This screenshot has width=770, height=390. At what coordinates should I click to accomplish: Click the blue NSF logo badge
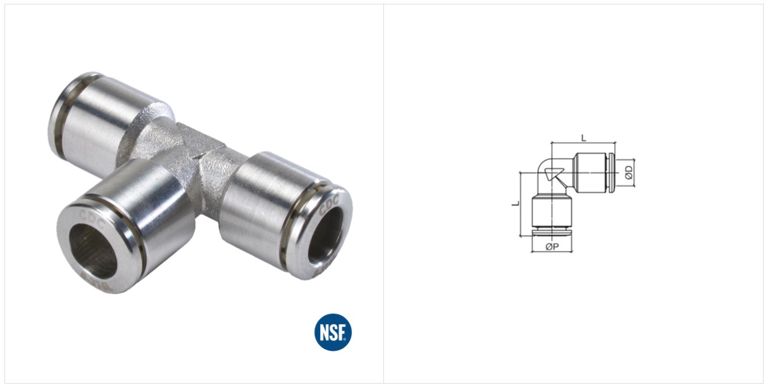pos(333,332)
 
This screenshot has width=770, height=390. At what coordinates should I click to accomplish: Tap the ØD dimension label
pos(629,173)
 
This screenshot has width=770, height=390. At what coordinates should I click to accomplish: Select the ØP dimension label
pos(552,246)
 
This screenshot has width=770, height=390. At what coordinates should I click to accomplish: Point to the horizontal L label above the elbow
pos(584,138)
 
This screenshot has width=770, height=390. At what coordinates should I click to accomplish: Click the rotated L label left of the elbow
pos(516,204)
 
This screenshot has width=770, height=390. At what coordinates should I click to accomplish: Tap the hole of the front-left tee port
pos(93,249)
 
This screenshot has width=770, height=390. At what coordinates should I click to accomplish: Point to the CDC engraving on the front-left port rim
pos(92,218)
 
